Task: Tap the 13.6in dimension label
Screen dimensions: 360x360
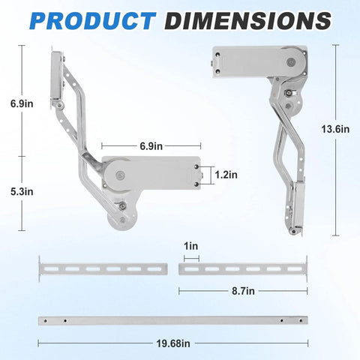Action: pyautogui.click(x=334, y=130)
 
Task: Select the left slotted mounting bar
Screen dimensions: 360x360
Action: pyautogui.click(x=102, y=268)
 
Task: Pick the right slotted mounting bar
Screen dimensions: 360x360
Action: pyautogui.click(x=241, y=268)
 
